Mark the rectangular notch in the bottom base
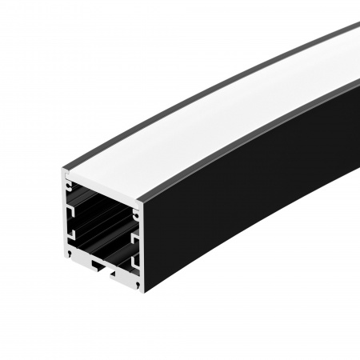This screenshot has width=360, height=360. pos(98,262)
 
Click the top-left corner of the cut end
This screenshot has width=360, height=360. pos(62,171)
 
